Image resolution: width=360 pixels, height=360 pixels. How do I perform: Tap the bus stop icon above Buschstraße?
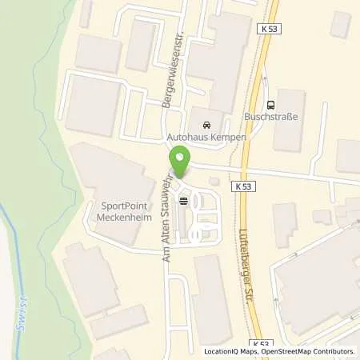click(x=270, y=103)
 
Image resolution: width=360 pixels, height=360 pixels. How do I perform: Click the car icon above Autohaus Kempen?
click(x=206, y=125)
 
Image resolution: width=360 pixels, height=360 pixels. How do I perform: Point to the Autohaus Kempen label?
click(x=206, y=137)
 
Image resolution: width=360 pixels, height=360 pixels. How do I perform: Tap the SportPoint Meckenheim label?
click(x=121, y=210)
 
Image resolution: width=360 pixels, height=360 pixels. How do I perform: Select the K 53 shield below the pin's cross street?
click(x=245, y=186)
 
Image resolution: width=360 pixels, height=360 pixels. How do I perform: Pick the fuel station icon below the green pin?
click(x=185, y=201)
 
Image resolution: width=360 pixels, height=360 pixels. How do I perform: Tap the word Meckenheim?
click(x=121, y=215)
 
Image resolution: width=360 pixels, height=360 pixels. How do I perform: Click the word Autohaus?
click(x=187, y=137)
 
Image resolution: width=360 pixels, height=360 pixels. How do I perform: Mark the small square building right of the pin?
click(x=214, y=182)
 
